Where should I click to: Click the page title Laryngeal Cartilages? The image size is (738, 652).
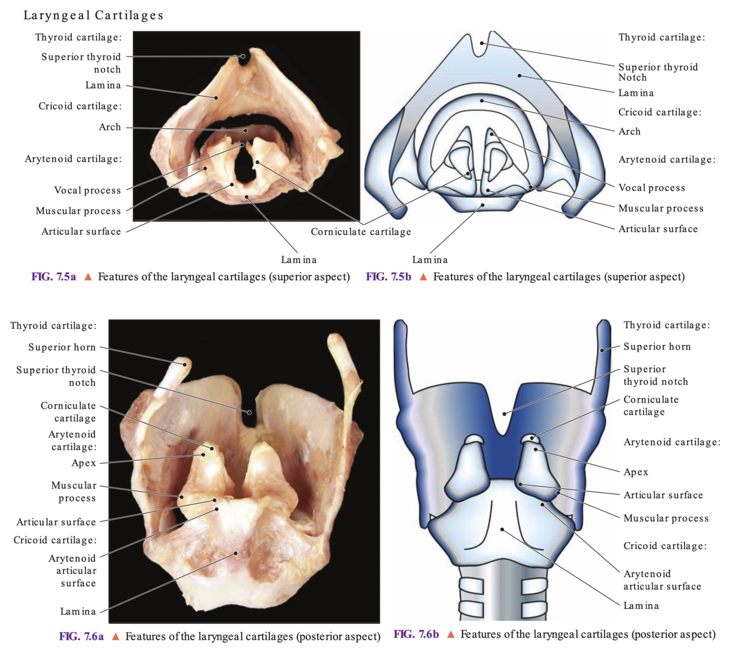[x=93, y=15]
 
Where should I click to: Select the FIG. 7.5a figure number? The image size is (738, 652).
[x=54, y=277]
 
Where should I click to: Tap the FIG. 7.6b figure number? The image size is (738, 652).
[x=416, y=634]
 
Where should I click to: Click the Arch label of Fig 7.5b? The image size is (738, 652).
[x=630, y=132]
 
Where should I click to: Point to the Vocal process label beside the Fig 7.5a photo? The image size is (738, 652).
[x=87, y=190]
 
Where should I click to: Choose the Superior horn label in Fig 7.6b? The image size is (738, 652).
[x=657, y=347]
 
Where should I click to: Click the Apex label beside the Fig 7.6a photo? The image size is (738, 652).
[x=84, y=463]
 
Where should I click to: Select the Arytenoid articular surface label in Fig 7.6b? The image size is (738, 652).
[x=662, y=580]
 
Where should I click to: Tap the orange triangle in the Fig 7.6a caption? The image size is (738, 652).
[x=116, y=637]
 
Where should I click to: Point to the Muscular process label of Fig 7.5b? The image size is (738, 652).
[x=661, y=208]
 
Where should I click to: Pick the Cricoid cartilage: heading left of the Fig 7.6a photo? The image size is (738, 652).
[x=55, y=540]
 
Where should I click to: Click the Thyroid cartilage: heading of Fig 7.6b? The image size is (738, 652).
[x=667, y=325]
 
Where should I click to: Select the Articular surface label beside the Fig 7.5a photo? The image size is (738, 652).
[x=81, y=232]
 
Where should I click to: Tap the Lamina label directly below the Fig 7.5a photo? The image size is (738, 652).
[x=299, y=259]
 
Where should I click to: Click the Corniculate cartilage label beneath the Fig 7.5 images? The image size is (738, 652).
[x=361, y=232]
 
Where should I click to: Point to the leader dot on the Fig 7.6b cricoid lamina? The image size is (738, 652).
[x=502, y=529]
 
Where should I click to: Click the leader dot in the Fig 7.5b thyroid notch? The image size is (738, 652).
[x=482, y=43]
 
